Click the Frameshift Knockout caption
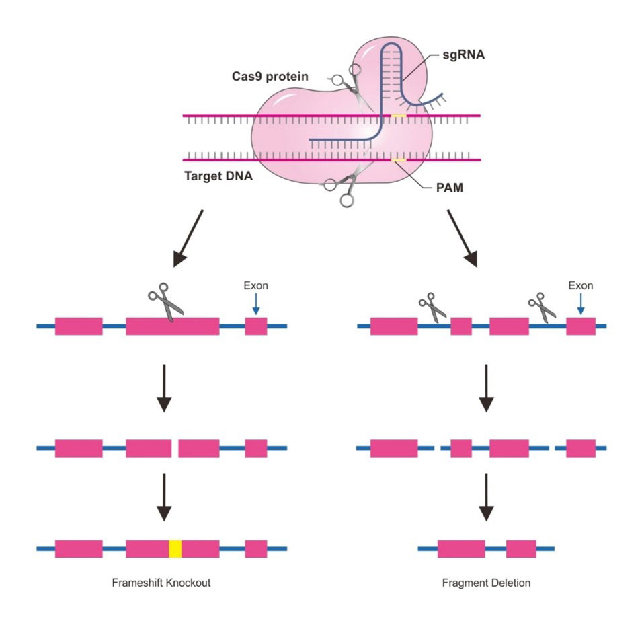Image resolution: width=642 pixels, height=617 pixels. pyautogui.click(x=161, y=583)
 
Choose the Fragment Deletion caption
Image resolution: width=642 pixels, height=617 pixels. pyautogui.click(x=486, y=583)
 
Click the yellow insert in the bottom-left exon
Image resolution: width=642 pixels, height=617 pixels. pyautogui.click(x=175, y=548)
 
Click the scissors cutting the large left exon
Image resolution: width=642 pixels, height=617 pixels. pyautogui.click(x=165, y=304)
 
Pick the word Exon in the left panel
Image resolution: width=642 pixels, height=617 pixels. pyautogui.click(x=255, y=285)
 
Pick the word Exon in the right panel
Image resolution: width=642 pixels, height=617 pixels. pyautogui.click(x=581, y=285)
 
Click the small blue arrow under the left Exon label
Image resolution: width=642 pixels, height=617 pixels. pyautogui.click(x=255, y=304)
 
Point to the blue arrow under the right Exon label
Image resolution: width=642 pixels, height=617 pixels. pyautogui.click(x=581, y=304)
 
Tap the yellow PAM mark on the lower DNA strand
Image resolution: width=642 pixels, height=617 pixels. pyautogui.click(x=399, y=160)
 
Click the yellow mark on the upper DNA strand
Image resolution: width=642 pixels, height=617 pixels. pyautogui.click(x=399, y=116)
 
